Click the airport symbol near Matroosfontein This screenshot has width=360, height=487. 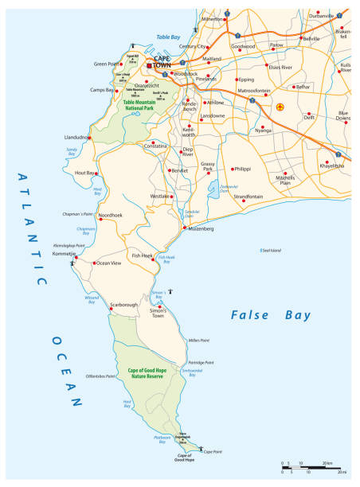[x=279, y=106]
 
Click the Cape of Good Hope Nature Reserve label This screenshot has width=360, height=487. [x=153, y=374]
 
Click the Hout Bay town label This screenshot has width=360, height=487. [x=84, y=173]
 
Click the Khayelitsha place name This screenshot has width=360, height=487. [x=332, y=166]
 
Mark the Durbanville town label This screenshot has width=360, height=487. [x=323, y=15]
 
